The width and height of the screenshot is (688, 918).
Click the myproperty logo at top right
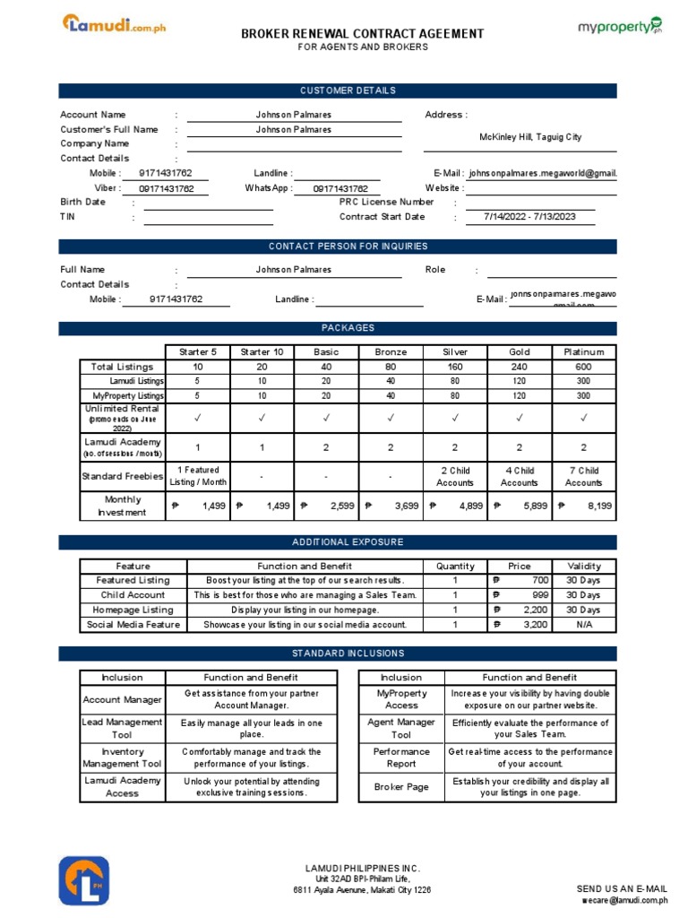[619, 26]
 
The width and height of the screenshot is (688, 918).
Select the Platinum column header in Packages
[583, 352]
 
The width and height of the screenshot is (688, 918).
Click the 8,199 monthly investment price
[583, 507]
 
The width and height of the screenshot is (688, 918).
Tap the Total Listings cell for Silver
[455, 367]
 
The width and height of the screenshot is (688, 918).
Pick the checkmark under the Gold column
[519, 418]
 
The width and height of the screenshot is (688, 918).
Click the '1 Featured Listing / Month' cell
[198, 476]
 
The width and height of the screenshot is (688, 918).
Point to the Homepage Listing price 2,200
[519, 610]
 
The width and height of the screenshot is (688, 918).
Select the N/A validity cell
[583, 625]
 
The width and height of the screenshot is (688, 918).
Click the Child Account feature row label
[133, 595]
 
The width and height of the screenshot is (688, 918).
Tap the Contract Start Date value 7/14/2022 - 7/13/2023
[529, 217]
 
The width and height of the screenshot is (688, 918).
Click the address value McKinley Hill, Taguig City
[529, 137]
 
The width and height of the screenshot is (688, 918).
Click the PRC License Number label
[386, 203]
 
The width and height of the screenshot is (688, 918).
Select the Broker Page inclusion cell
[401, 787]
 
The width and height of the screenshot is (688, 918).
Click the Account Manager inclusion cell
[123, 700]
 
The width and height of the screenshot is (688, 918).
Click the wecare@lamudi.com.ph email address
[624, 899]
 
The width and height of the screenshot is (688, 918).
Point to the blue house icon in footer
[84, 880]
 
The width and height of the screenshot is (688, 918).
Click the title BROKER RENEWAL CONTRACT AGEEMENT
[362, 34]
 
